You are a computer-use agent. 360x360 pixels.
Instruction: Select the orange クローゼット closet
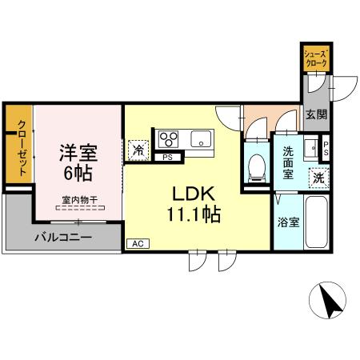tap(18, 147)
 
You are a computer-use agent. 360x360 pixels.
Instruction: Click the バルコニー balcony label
tap(63, 238)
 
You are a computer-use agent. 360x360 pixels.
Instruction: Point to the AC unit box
tap(136, 242)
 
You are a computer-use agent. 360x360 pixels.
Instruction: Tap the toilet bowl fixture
tap(257, 167)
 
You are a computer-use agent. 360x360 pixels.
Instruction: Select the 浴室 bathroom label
tap(290, 221)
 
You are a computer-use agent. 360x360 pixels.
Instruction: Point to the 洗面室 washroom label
tap(286, 159)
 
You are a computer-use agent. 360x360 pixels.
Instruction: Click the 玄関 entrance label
tap(315, 114)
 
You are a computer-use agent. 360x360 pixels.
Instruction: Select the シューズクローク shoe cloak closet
tap(314, 58)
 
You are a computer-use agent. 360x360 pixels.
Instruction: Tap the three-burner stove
tap(170, 138)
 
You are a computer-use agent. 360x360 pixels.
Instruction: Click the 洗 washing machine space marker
tap(318, 177)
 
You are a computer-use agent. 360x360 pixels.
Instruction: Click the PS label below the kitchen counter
tap(167, 158)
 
